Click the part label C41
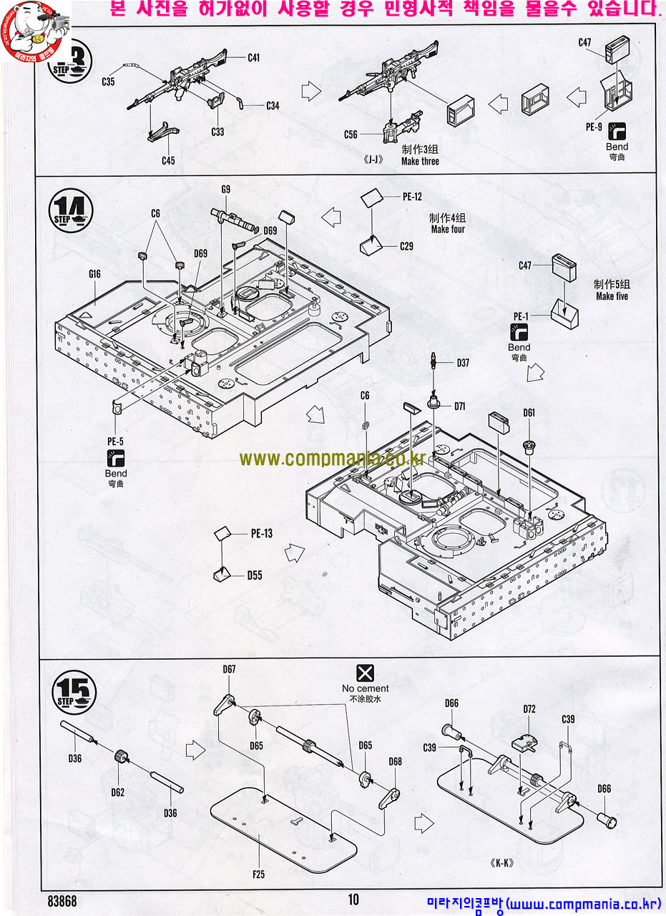[253, 58]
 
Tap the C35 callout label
[108, 82]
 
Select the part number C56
[351, 135]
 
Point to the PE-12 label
[413, 197]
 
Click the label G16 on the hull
[94, 273]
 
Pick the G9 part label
[225, 189]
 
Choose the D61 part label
[529, 413]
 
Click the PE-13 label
[261, 533]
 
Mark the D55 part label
[255, 575]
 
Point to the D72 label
[529, 709]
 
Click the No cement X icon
[365, 673]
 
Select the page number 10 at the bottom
[354, 900]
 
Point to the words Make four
[448, 230]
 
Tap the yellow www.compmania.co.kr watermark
[332, 459]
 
